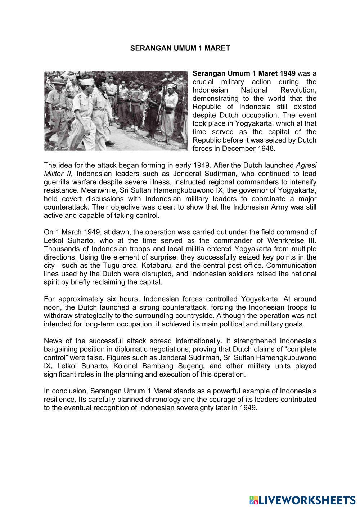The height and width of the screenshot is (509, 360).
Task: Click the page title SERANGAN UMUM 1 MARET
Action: point(180,48)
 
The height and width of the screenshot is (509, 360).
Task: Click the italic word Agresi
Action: point(306,165)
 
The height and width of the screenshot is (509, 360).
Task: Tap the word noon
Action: point(51,307)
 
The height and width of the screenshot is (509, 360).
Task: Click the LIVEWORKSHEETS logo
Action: point(302,500)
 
